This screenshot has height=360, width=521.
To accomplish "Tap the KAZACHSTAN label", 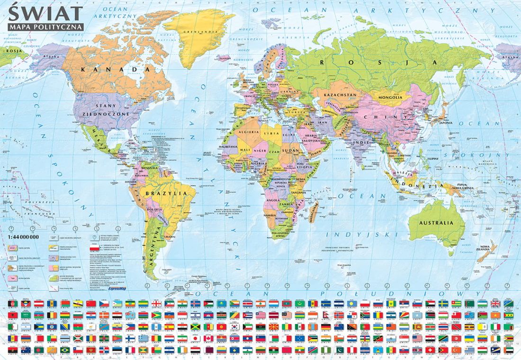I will click(340, 95).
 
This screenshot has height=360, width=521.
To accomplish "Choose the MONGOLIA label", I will click(390, 98).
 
